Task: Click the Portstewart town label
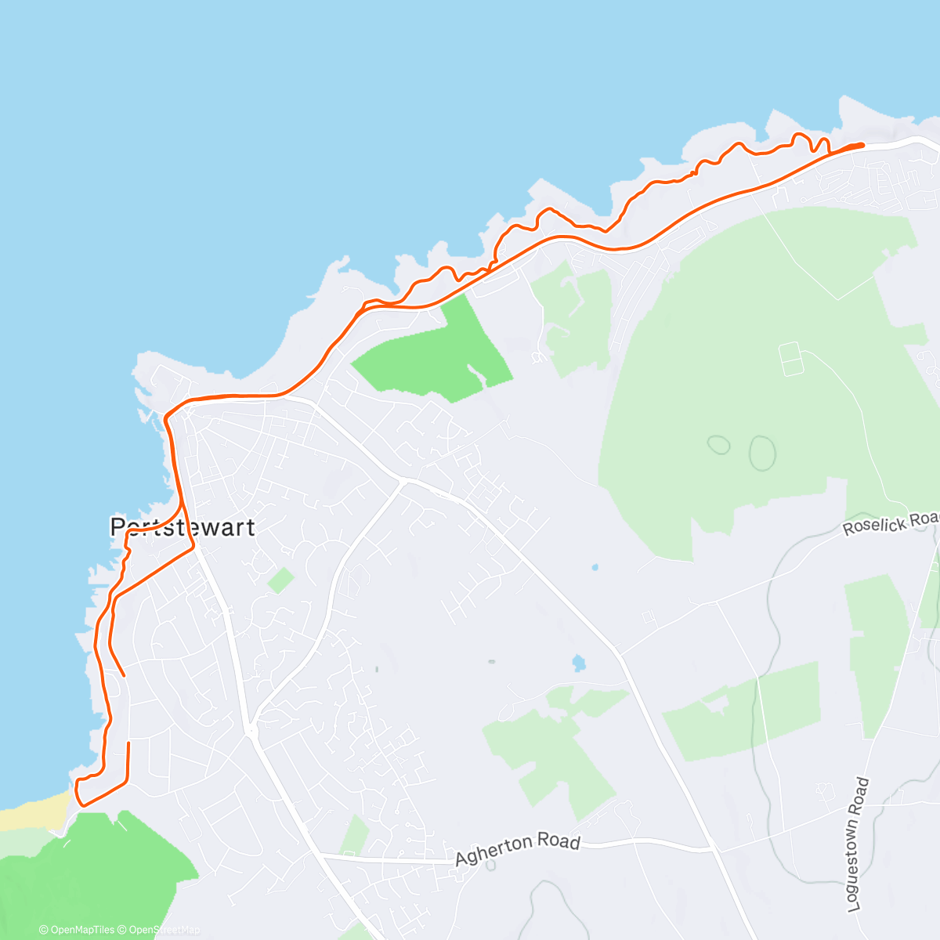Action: click(x=183, y=527)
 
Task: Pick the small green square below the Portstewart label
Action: click(x=280, y=580)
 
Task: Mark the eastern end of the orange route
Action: click(x=862, y=145)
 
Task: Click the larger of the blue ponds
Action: click(x=579, y=663)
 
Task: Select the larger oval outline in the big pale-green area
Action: click(x=762, y=453)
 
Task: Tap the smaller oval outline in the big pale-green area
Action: click(x=718, y=445)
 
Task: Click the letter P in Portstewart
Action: click(x=118, y=526)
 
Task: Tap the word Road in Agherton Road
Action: click(x=561, y=842)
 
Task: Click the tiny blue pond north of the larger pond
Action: click(x=595, y=566)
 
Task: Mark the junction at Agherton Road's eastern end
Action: click(x=714, y=848)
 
